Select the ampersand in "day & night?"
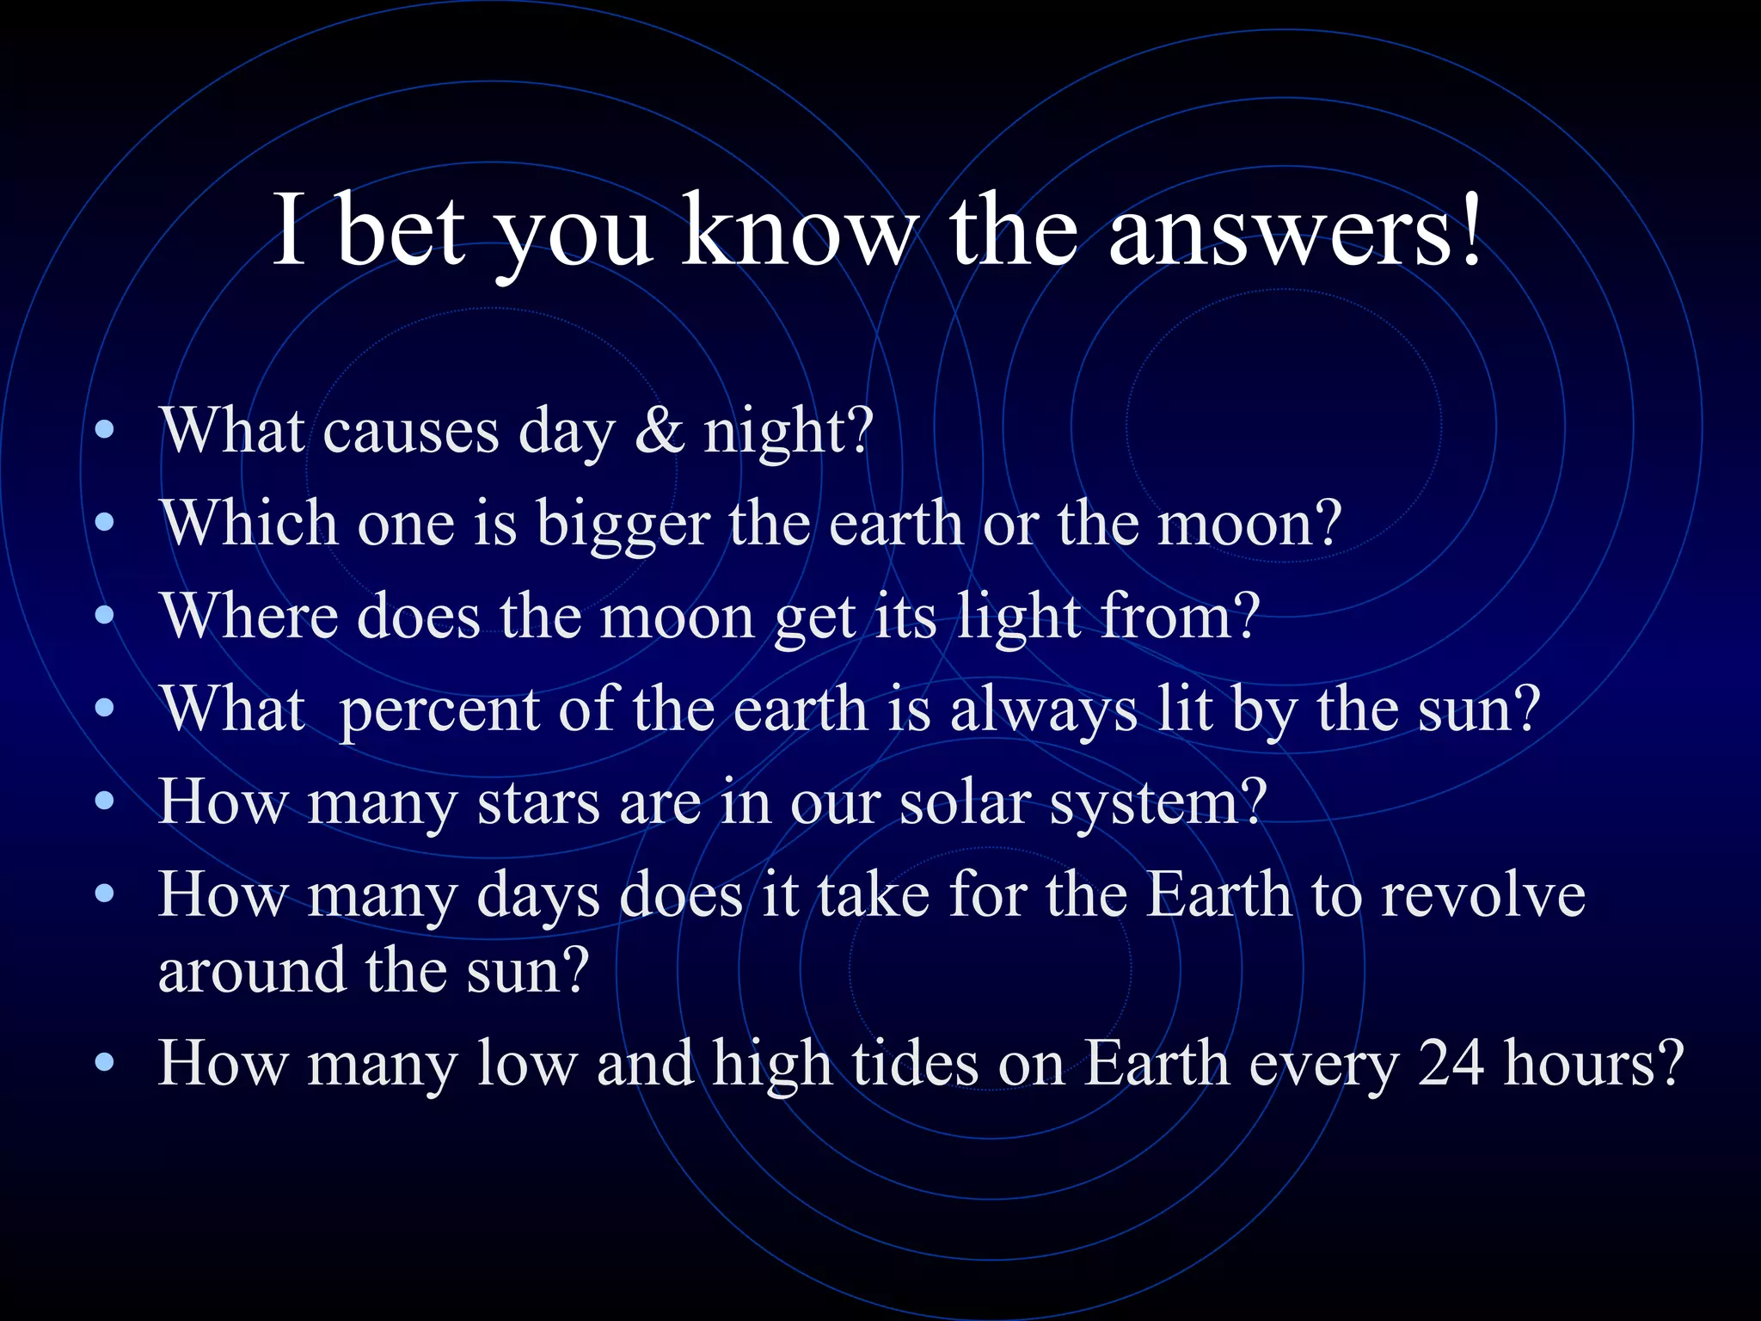coord(660,430)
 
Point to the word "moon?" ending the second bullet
coord(1249,525)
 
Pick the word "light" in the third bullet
coord(1019,617)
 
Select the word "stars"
coord(538,803)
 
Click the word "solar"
coord(964,803)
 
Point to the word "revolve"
coord(1483,896)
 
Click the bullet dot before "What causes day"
coord(105,430)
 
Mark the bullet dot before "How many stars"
coord(105,802)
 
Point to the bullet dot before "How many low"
coord(105,1063)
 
